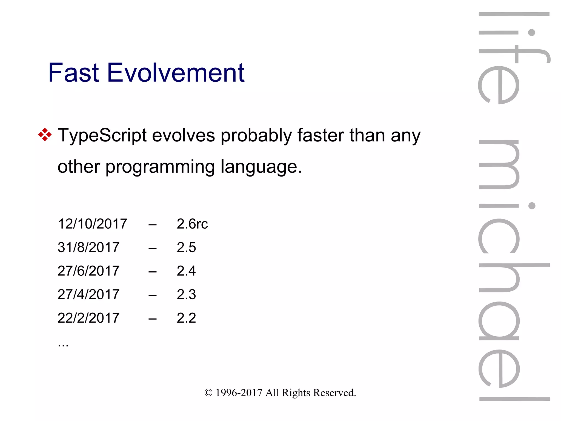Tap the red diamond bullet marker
[45, 135]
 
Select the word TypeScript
[102, 136]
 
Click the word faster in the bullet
[320, 135]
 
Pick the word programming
[160, 167]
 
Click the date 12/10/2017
[92, 224]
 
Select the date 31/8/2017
[88, 248]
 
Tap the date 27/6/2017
[88, 271]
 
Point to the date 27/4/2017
[88, 295]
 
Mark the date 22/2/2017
[88, 318]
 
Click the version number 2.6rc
[192, 224]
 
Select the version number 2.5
[186, 248]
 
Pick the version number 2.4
[186, 271]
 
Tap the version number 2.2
[186, 318]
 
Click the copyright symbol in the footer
[208, 393]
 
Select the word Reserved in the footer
[334, 393]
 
